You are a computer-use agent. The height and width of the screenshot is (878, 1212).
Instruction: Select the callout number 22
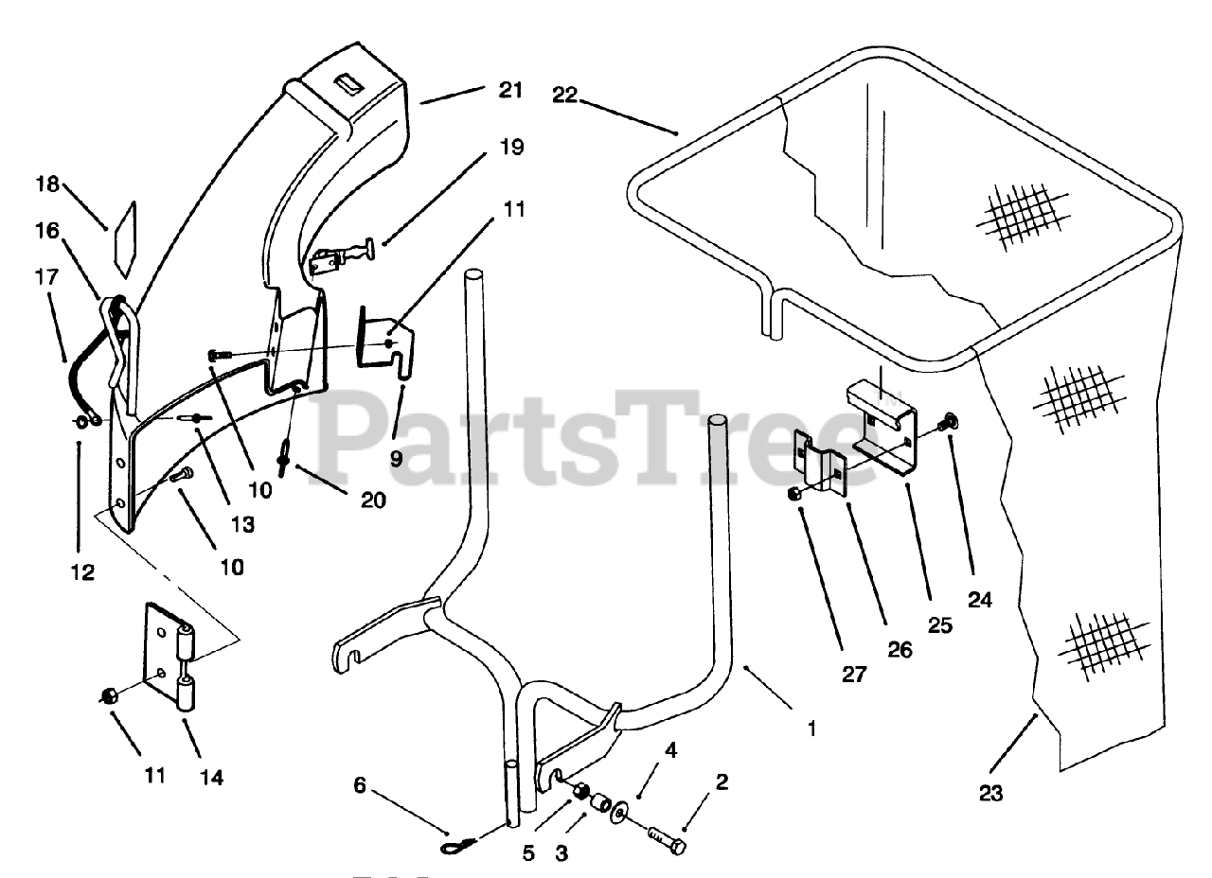click(565, 95)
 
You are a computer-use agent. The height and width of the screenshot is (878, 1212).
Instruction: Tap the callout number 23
click(990, 794)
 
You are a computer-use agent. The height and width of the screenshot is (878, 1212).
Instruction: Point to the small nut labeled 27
click(796, 494)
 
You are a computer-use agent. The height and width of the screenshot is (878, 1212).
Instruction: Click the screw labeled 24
click(950, 422)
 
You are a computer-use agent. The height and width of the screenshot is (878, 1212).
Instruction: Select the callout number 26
click(900, 649)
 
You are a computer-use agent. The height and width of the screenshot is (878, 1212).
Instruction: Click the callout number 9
click(396, 458)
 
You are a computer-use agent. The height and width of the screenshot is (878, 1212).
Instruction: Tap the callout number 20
click(373, 500)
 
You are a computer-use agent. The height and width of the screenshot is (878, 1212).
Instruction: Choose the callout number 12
click(82, 571)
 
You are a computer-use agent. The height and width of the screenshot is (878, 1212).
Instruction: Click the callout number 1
click(811, 729)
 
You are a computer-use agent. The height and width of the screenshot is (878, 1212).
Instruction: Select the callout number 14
click(212, 778)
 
